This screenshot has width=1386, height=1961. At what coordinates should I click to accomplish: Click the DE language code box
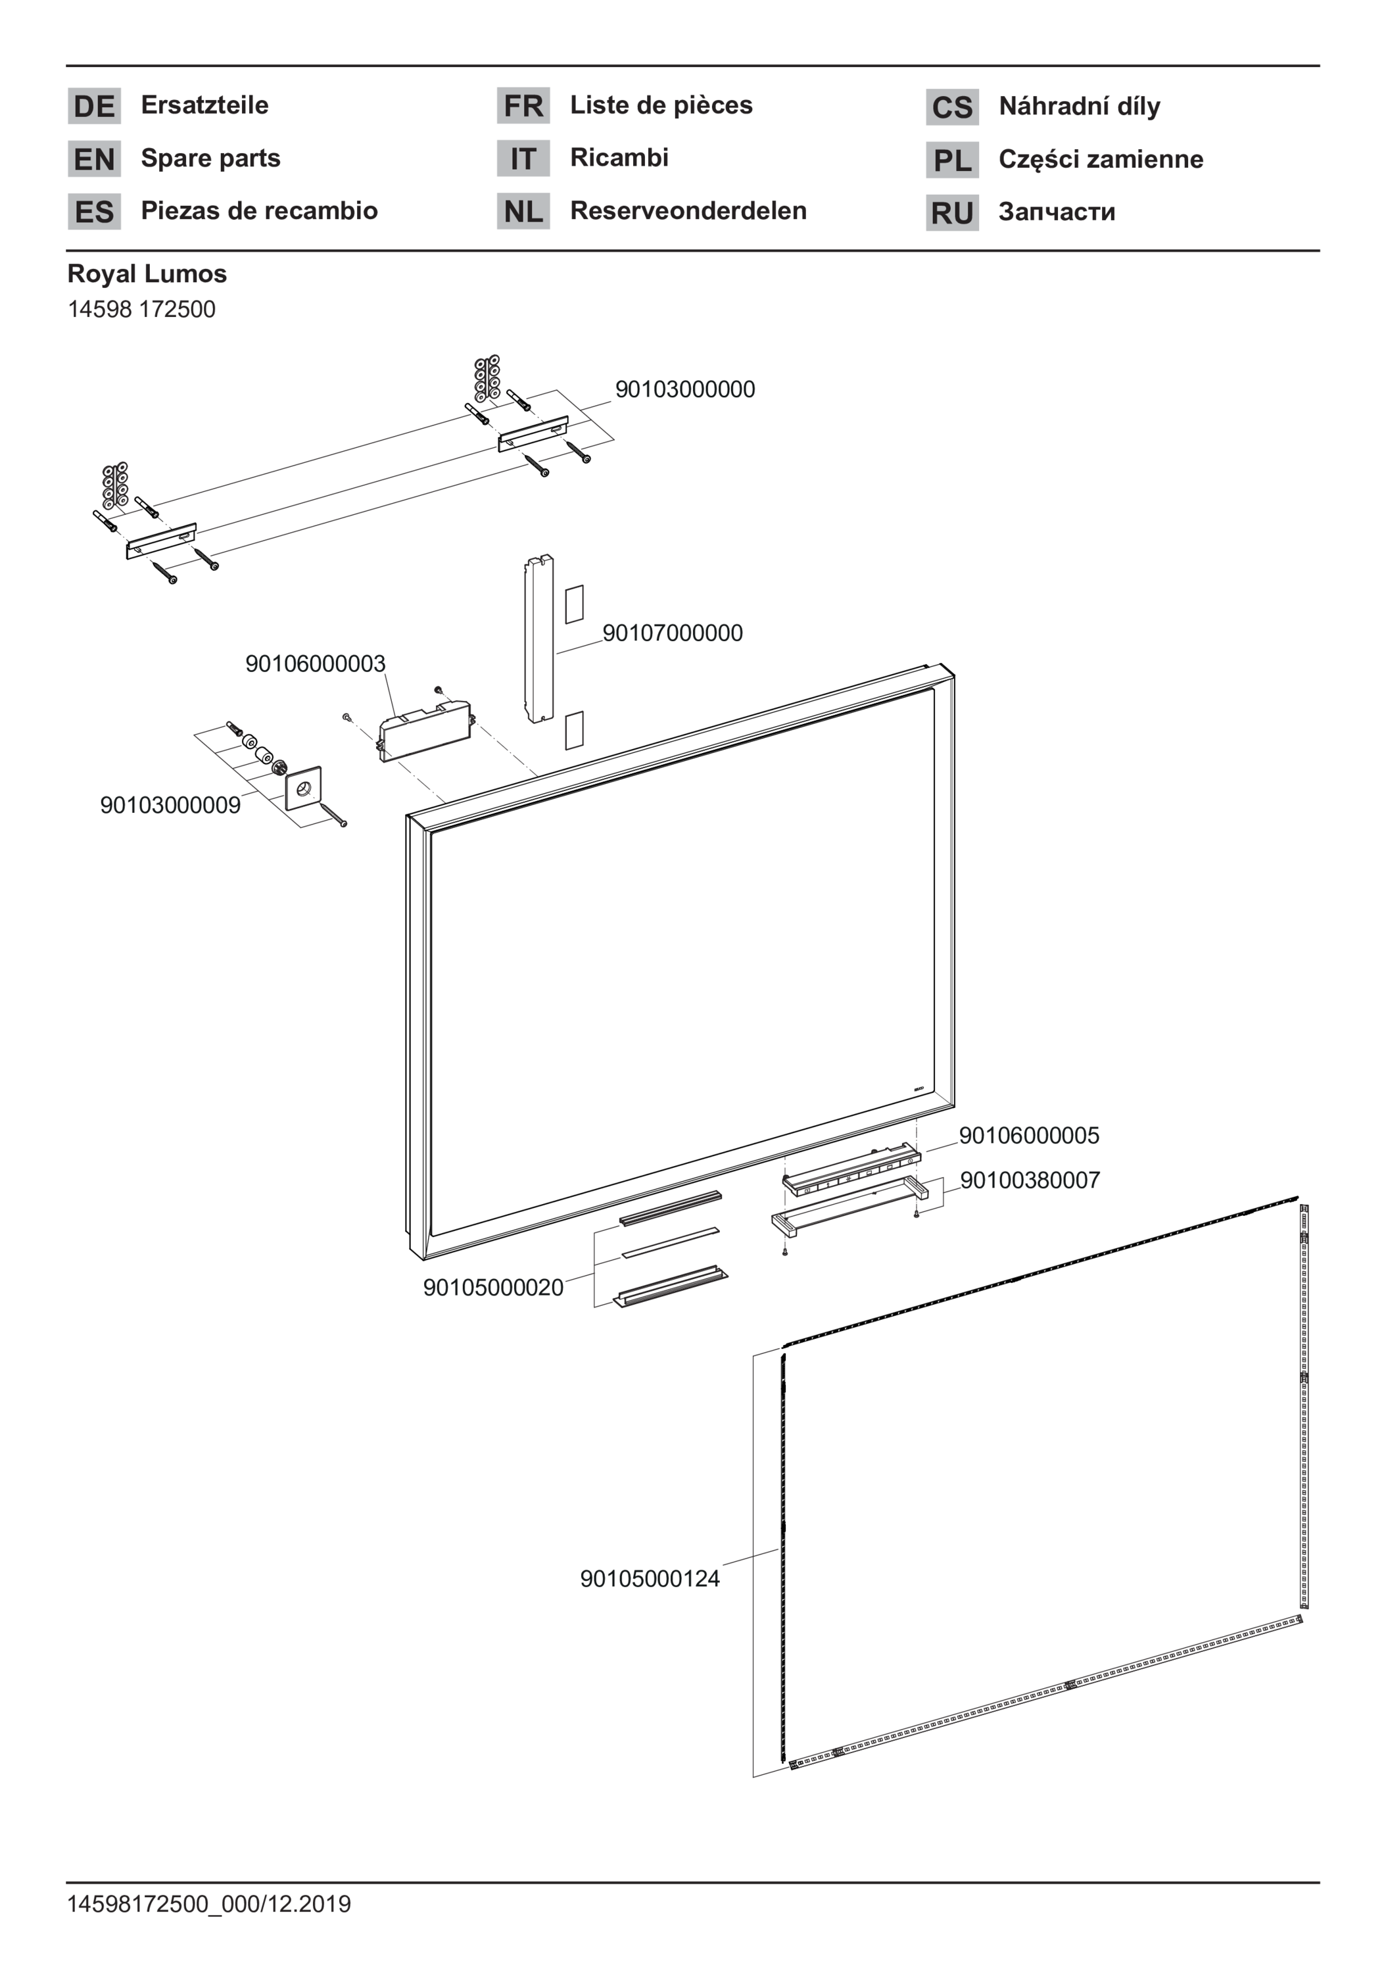tap(94, 106)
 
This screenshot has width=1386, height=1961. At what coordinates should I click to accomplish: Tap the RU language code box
tap(952, 212)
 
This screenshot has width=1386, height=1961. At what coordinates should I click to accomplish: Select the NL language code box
tap(523, 211)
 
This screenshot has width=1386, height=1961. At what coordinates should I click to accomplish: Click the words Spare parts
tap(210, 158)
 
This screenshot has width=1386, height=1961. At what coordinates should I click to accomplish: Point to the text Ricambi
tap(619, 157)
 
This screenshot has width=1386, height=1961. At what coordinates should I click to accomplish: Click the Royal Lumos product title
tap(147, 274)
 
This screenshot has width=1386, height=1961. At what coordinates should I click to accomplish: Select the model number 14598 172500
tap(142, 309)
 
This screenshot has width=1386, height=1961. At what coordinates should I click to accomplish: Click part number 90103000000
tap(685, 389)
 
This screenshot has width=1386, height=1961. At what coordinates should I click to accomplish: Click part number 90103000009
tap(171, 806)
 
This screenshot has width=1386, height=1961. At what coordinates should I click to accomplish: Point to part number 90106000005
tap(1029, 1136)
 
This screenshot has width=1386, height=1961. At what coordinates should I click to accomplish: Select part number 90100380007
tap(1030, 1180)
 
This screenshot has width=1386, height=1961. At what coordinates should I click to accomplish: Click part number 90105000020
tap(494, 1288)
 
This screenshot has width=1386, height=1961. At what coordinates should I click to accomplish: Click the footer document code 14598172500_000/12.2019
tap(209, 1904)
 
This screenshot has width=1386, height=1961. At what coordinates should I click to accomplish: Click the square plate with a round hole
tap(303, 788)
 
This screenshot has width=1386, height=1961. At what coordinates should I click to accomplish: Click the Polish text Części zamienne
tap(1101, 160)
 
